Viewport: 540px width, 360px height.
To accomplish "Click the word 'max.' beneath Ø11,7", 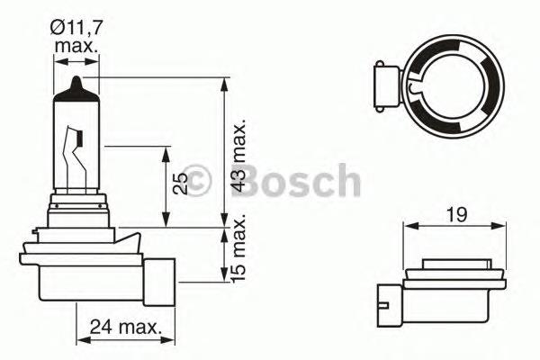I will (76, 44).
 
